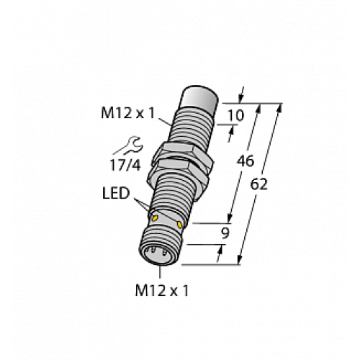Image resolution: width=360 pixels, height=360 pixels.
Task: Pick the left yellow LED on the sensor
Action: (x=153, y=216)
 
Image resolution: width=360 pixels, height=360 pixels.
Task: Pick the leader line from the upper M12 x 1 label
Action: (x=165, y=122)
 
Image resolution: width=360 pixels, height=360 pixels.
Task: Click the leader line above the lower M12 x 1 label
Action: (x=159, y=275)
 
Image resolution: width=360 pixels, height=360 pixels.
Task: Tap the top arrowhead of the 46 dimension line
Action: (x=258, y=107)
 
